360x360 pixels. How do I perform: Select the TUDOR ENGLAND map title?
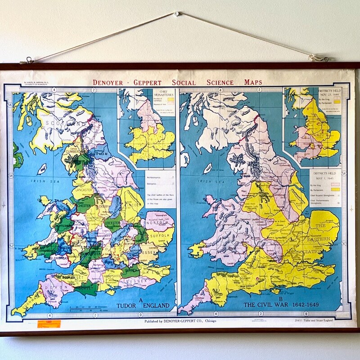[143, 306]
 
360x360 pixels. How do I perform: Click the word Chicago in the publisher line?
[208, 321]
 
